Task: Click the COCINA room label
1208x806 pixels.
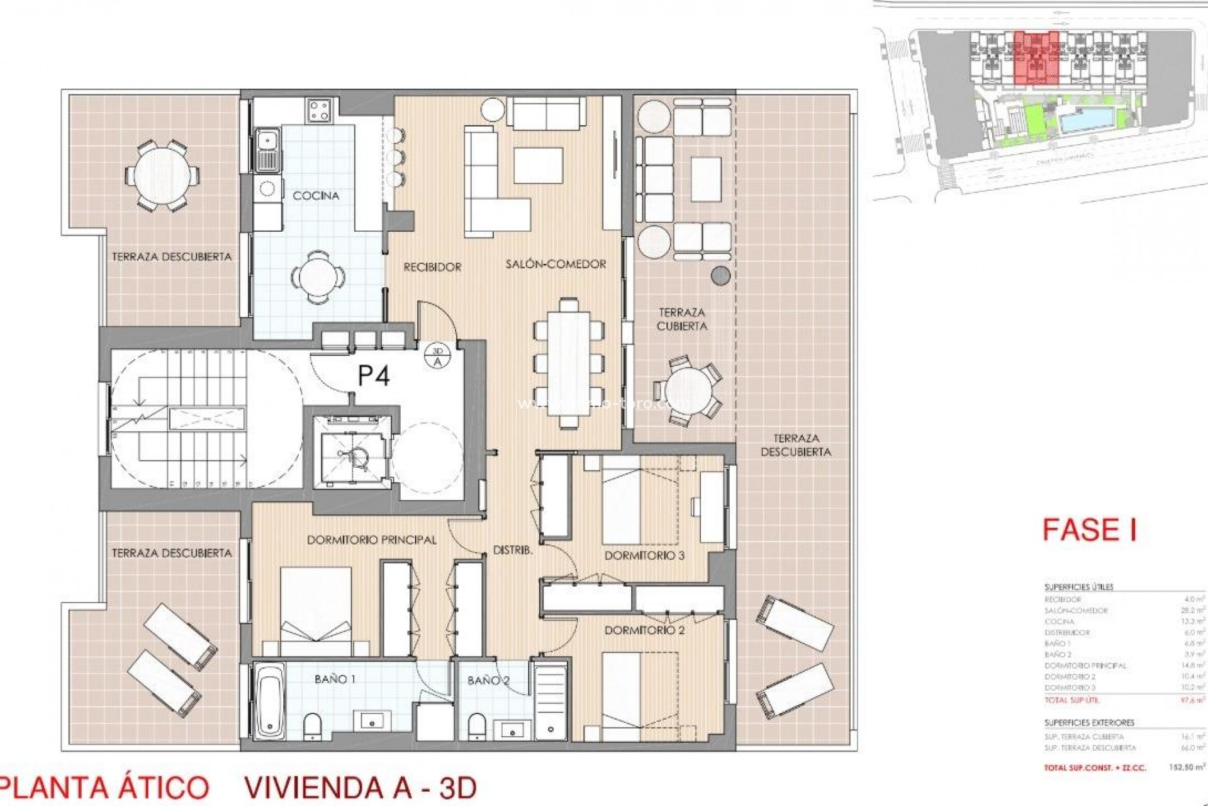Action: [x=316, y=196]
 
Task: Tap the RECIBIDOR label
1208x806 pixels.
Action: [x=432, y=267]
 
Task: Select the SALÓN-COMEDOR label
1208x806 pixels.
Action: [x=556, y=264]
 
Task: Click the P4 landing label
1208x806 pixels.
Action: [x=374, y=376]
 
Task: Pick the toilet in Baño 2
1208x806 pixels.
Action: [x=476, y=725]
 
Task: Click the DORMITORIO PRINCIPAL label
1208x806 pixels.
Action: [x=371, y=540]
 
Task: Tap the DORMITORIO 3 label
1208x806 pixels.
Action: [x=644, y=555]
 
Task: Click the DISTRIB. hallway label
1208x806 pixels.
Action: [x=513, y=550]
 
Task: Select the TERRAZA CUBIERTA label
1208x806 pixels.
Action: [x=682, y=319]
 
